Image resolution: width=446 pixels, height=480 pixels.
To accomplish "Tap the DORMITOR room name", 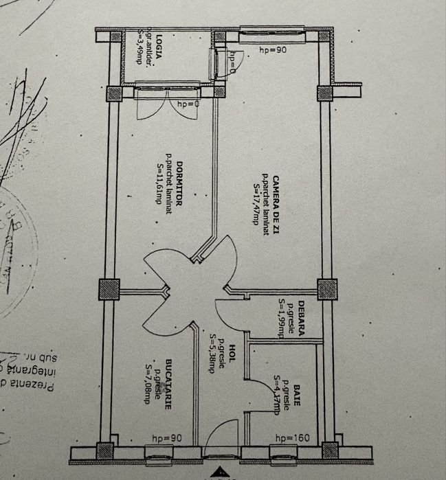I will click(x=178, y=180).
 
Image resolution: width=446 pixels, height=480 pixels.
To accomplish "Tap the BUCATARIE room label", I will click(x=167, y=385).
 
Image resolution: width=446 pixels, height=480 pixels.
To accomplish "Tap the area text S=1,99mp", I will click(x=281, y=318).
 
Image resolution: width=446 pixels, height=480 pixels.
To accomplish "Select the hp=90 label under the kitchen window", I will click(x=166, y=437).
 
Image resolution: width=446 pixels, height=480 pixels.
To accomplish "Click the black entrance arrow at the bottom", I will click(x=221, y=472).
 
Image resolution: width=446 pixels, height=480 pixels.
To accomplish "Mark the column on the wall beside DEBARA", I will click(x=326, y=288).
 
